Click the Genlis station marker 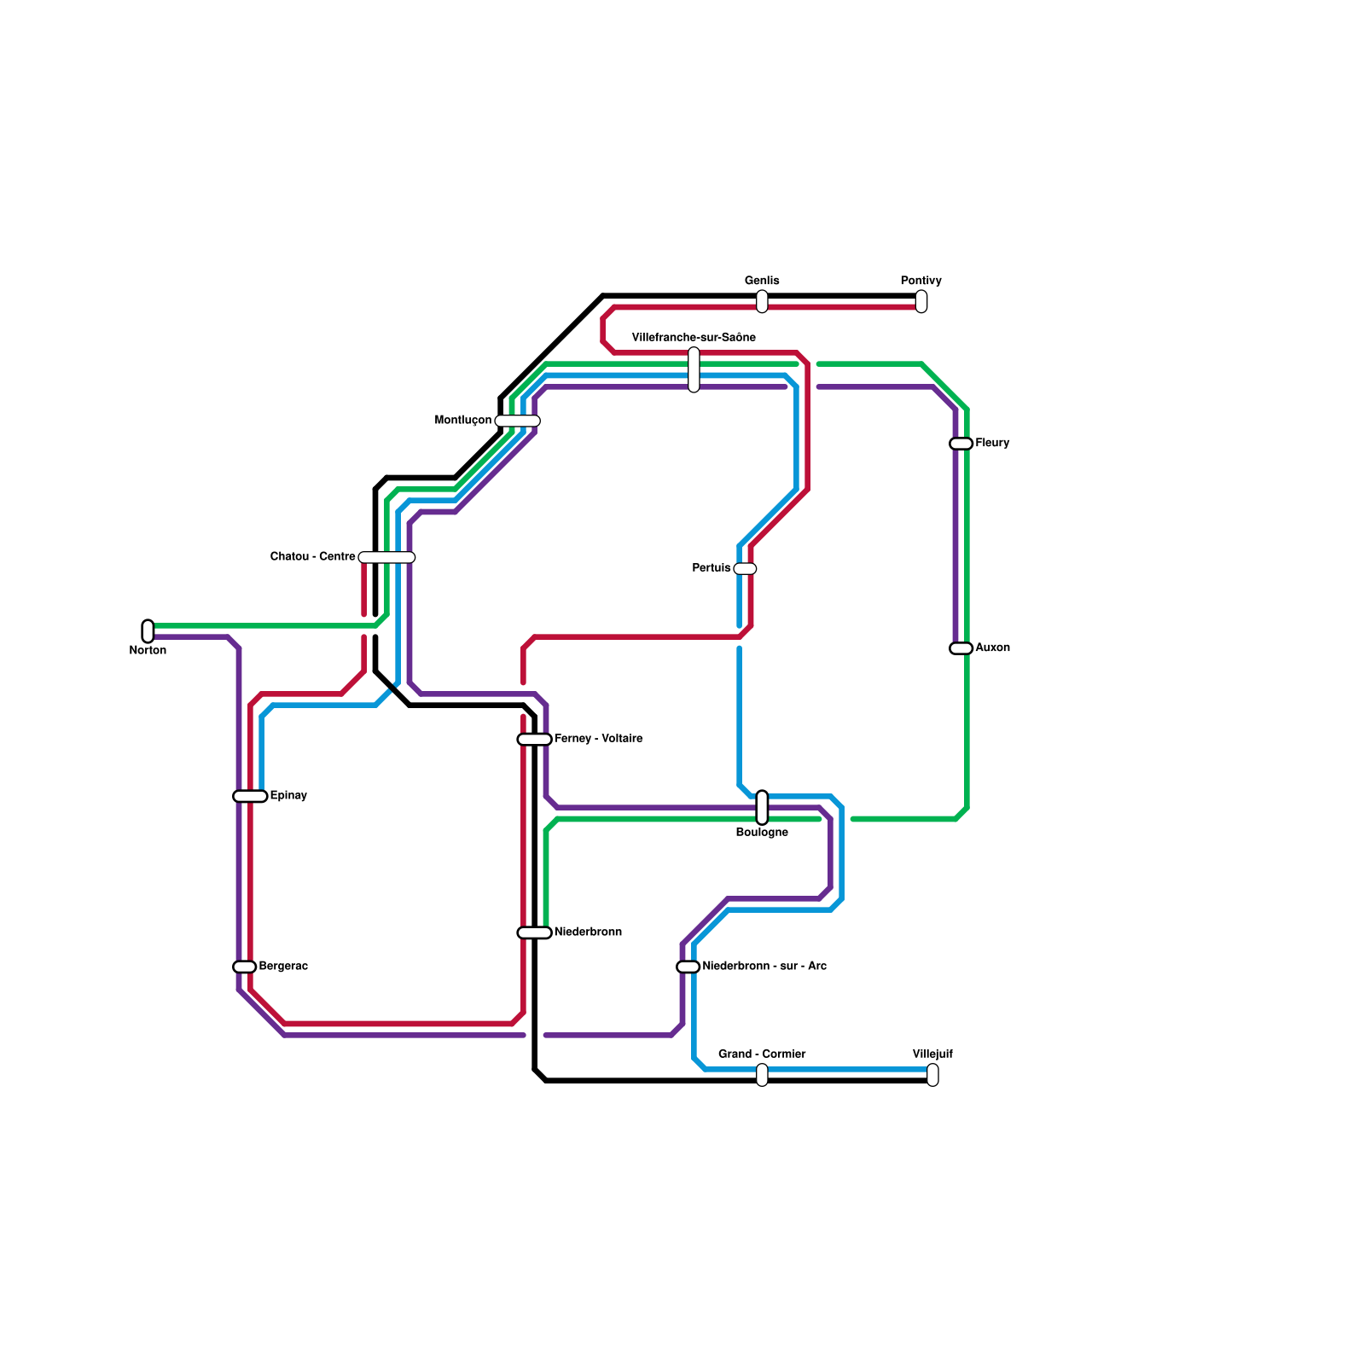762,301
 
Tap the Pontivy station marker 921,301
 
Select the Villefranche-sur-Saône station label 694,338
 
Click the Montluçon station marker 517,421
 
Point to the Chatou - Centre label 312,557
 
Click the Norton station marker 148,631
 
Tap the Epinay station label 288,796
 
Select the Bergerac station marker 245,967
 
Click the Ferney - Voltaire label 598,739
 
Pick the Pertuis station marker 745,569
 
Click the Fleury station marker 961,444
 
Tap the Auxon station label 992,648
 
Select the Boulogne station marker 762,807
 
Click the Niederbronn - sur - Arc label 764,967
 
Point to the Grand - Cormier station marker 762,1075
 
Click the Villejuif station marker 932,1075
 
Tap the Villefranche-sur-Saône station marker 694,369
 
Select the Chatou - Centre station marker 386,557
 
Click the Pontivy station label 921,282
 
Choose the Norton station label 148,651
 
